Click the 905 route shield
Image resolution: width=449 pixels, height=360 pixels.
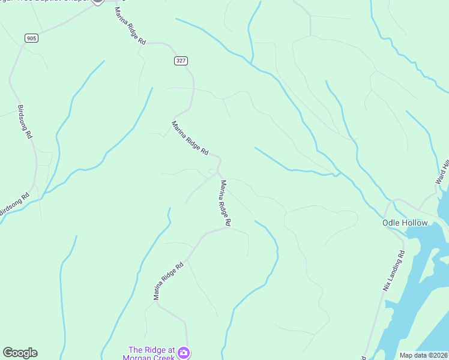(x=31, y=38)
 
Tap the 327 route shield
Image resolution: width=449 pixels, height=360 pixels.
(x=181, y=61)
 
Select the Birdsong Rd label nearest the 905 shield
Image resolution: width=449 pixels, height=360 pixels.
(x=25, y=122)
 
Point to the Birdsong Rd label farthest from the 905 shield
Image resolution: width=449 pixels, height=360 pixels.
(x=14, y=204)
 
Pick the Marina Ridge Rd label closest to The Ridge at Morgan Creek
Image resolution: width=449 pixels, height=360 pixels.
(x=167, y=281)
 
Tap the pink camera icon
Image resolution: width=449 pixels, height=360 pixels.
(x=184, y=352)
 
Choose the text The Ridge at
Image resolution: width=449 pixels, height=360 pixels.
(x=151, y=350)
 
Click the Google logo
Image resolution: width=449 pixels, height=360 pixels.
(x=20, y=353)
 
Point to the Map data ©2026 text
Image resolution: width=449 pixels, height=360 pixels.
(x=423, y=355)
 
